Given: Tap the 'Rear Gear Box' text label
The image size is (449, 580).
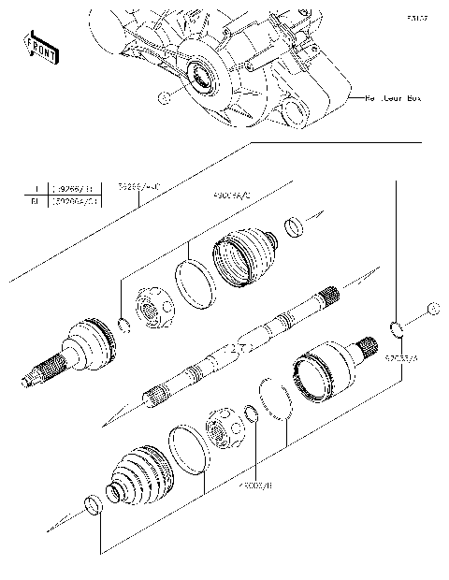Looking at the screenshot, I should click(x=392, y=97).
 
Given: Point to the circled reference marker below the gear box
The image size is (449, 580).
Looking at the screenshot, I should click(x=164, y=98).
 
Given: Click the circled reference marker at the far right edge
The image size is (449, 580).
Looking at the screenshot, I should click(x=431, y=309).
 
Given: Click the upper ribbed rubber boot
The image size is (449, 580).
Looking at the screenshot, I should click(x=246, y=252).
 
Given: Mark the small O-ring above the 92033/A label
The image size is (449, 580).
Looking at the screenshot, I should click(x=395, y=327).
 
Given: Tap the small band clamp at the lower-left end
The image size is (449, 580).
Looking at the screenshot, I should click(x=92, y=505).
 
